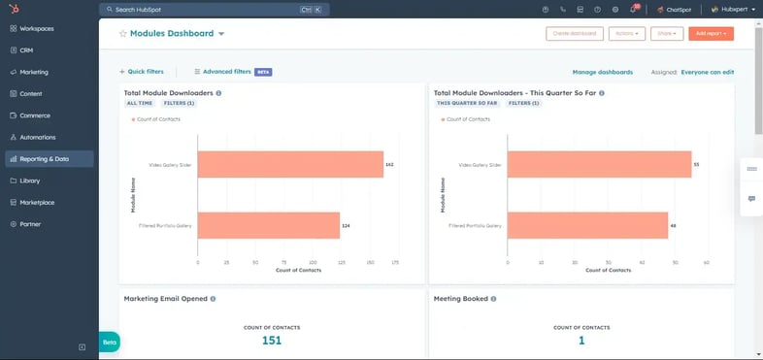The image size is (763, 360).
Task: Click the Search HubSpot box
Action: [x=214, y=10]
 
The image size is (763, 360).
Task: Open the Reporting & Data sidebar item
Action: [x=45, y=159]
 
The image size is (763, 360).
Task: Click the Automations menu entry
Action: [x=38, y=138]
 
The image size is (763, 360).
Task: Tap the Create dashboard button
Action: [x=575, y=34]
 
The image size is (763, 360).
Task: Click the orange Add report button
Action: [x=711, y=34]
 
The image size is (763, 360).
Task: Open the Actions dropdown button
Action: [x=626, y=34]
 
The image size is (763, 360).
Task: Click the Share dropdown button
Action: [x=667, y=34]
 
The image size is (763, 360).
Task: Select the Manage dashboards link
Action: [x=602, y=72]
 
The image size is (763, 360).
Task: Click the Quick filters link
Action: [x=142, y=72]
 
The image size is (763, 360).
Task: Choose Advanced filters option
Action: [x=222, y=72]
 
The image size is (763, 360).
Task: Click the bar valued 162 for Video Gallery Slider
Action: [x=289, y=165]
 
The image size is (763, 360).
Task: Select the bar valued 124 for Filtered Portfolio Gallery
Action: [x=268, y=225]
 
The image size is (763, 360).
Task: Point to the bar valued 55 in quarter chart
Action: [x=599, y=165]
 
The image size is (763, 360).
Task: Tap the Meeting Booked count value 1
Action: [x=581, y=340]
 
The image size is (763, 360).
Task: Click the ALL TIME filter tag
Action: [x=139, y=103]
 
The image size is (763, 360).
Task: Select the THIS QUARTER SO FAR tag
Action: [x=467, y=103]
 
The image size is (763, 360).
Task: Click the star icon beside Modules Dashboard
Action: [x=123, y=34]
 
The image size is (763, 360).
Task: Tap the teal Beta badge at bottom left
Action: [x=109, y=343]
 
